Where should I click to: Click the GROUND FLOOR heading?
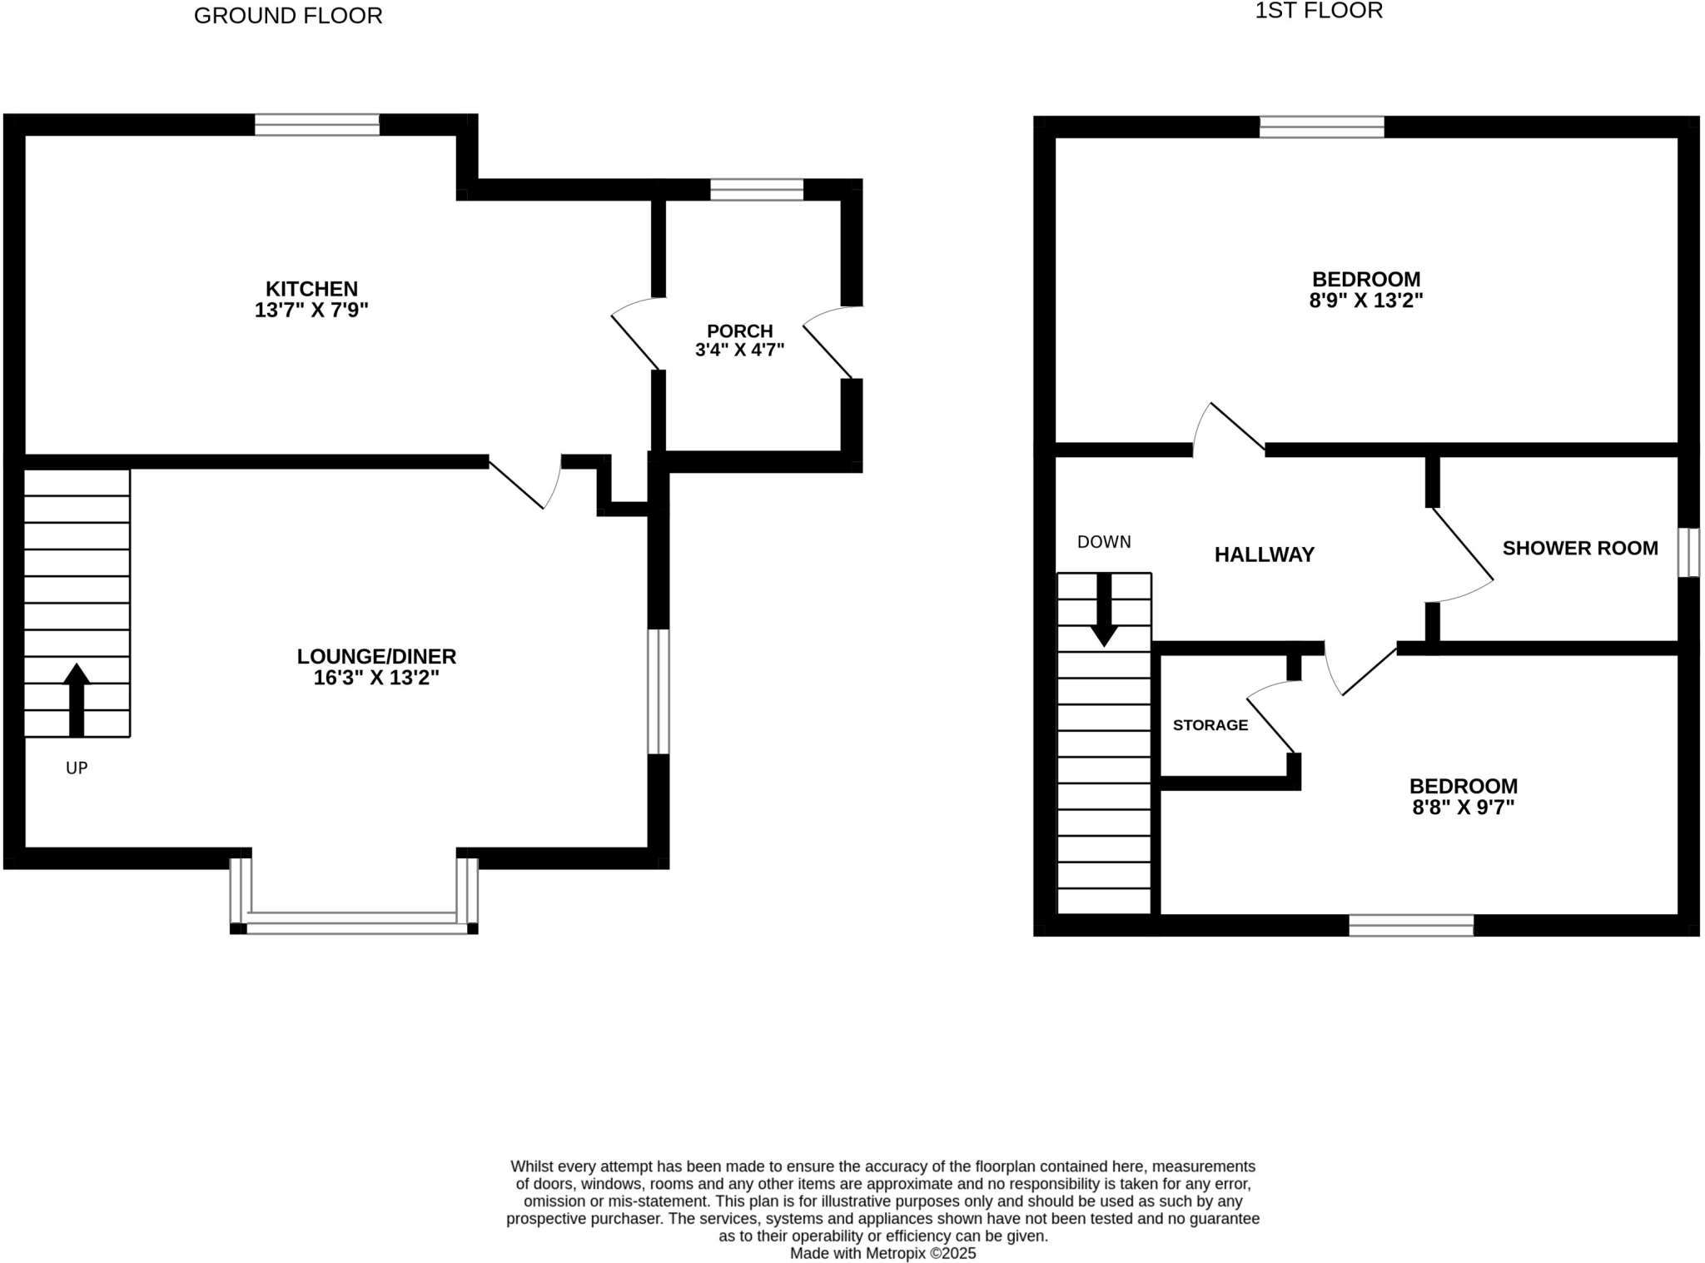click(288, 16)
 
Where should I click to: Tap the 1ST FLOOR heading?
click(1318, 11)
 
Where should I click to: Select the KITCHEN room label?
click(311, 289)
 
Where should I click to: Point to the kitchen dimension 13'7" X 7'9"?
click(311, 311)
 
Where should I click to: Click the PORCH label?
click(739, 331)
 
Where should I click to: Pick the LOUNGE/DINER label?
click(376, 656)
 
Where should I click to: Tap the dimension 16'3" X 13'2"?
click(376, 678)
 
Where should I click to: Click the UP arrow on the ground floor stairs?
click(77, 699)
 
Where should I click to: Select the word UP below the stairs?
click(77, 768)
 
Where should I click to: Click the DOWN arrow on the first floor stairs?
click(1104, 609)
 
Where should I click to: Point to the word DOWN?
click(1104, 542)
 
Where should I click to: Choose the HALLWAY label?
click(1264, 554)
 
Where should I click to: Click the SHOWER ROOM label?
click(1579, 548)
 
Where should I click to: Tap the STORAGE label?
click(1210, 725)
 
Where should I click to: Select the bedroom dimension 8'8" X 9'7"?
click(1463, 808)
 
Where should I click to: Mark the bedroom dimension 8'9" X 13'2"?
click(1365, 301)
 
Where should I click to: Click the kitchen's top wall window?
click(316, 125)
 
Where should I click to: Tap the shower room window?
click(1688, 552)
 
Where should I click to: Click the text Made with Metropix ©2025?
click(882, 1253)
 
